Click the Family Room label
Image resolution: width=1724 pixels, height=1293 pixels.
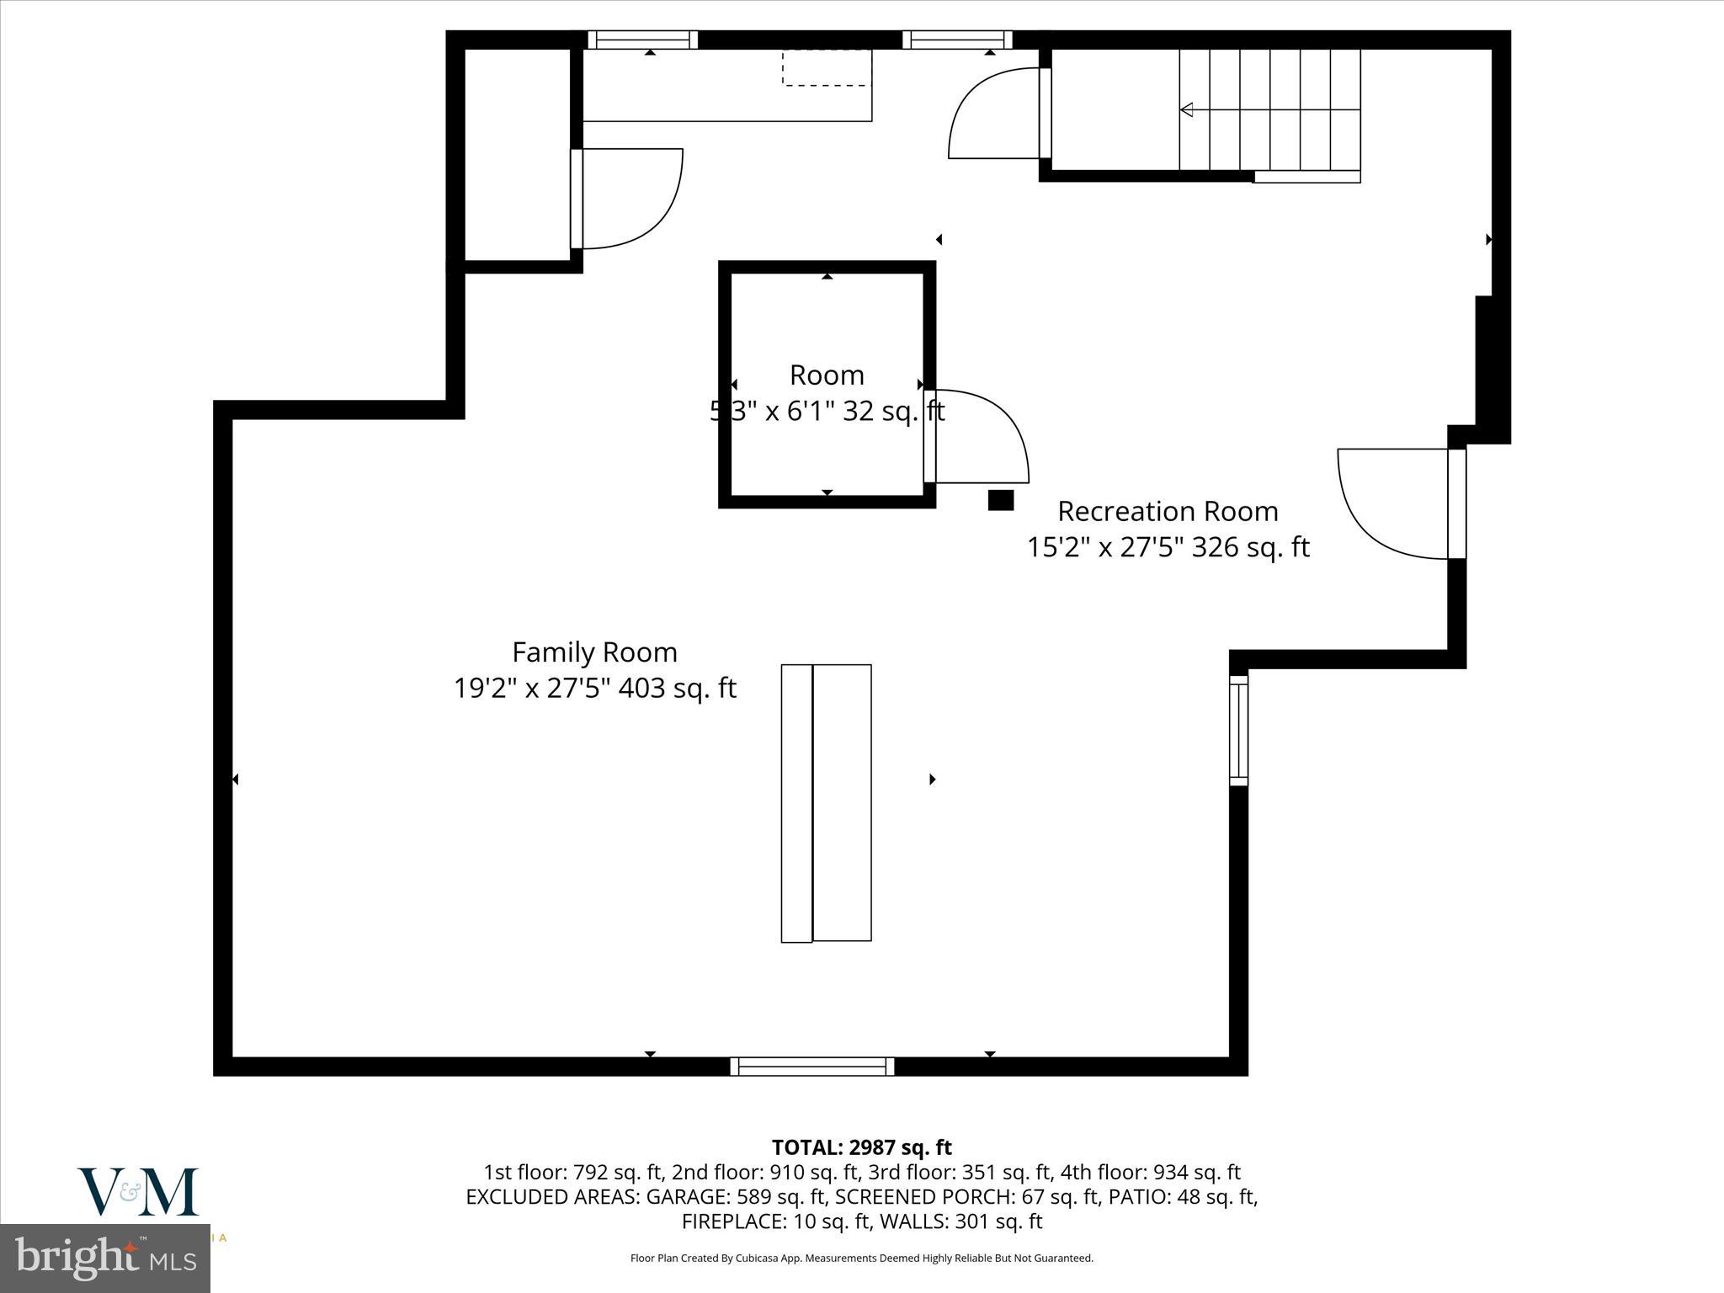[x=594, y=652]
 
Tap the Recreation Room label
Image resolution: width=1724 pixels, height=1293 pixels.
[x=1168, y=511]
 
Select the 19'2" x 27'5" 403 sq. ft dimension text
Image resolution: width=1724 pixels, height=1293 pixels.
[x=594, y=689]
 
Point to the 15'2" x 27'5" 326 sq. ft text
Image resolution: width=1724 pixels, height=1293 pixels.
[x=1168, y=547]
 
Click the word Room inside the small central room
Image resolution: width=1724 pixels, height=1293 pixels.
[x=827, y=375]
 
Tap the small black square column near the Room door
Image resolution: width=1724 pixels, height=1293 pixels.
[x=1000, y=500]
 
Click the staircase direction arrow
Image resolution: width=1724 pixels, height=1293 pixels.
[x=1188, y=109]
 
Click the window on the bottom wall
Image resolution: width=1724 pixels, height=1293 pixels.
[x=812, y=1067]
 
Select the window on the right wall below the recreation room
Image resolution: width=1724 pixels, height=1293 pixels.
[x=1238, y=730]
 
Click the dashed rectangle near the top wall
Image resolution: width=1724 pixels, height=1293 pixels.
[x=825, y=67]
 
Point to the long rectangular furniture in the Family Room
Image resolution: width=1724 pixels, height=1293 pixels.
[x=826, y=803]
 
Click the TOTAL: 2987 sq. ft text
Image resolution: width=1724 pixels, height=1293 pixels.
[x=861, y=1147]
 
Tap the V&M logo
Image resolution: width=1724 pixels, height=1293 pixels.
[x=139, y=1191]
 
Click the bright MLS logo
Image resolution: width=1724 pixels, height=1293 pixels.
[x=105, y=1258]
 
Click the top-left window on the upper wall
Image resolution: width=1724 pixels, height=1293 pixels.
[x=642, y=40]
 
